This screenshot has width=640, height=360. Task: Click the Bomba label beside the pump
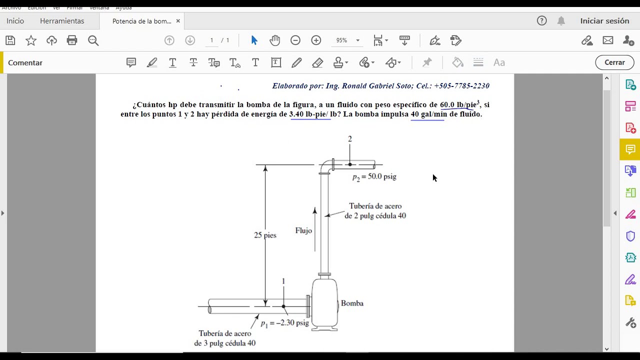[x=352, y=303]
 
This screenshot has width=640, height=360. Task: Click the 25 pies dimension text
[x=265, y=235]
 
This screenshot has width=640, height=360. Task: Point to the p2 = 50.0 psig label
[x=374, y=176]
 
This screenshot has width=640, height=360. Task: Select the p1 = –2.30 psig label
[x=284, y=323]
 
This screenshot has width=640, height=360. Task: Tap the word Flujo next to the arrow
[x=303, y=230]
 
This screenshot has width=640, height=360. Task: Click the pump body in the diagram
[x=324, y=303]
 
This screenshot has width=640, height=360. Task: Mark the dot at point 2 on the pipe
[x=350, y=164]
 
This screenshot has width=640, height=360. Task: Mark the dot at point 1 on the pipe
[x=283, y=306]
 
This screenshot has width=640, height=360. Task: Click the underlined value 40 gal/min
[x=428, y=114]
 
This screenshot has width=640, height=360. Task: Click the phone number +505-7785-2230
[x=461, y=86]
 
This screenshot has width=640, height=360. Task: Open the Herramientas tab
[x=62, y=21]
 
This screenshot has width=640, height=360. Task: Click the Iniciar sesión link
[x=604, y=21]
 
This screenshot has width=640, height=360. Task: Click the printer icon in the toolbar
[x=72, y=40]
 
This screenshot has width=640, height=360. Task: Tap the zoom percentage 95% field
[x=341, y=40]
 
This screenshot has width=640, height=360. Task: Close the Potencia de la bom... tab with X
[x=178, y=21]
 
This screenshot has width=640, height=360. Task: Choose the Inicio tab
[x=15, y=21]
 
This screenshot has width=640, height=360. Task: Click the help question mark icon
[x=541, y=21]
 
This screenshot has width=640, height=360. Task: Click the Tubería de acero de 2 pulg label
[x=375, y=210]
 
